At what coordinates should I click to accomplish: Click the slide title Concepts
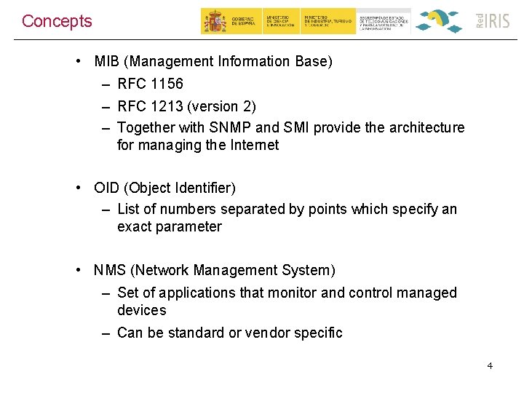pos(57,21)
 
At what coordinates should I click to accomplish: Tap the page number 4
pos(490,365)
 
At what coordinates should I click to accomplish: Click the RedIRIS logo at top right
pos(493,20)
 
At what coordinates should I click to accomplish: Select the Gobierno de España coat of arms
pos(214,21)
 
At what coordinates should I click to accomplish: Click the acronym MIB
pos(106,61)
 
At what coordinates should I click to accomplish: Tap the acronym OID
pos(107,188)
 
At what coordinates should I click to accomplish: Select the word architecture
pos(426,127)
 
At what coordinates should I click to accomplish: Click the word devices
pos(141,310)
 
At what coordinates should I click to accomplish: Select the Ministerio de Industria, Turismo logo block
pos(329,21)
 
